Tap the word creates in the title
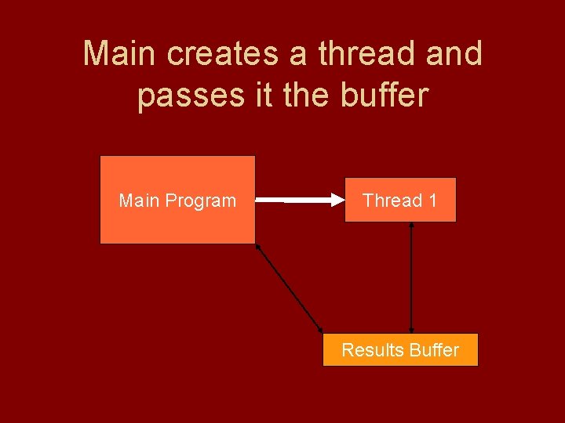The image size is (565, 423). point(224,54)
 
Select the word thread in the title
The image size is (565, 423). point(366,54)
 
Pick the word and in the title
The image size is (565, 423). point(455,54)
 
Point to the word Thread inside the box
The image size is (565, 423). point(392,201)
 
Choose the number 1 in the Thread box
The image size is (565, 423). point(432,201)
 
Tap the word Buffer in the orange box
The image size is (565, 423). point(434,350)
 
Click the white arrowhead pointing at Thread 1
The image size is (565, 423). point(336,201)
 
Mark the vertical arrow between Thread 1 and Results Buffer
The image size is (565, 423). point(412,278)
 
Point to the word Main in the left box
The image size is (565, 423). point(137,201)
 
